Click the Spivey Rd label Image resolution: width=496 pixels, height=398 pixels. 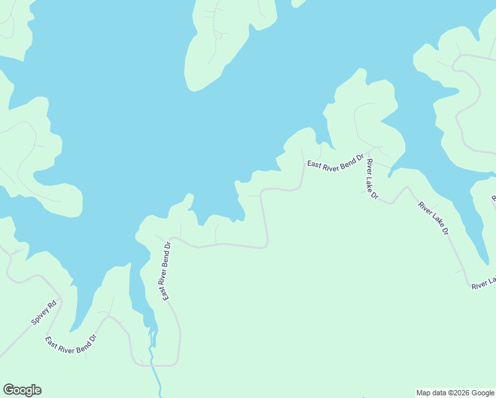(46, 313)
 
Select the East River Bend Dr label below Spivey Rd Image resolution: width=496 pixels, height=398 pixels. (71, 343)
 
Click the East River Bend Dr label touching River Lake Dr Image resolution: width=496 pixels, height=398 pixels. (335, 163)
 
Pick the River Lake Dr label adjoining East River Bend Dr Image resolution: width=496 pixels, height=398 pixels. (371, 180)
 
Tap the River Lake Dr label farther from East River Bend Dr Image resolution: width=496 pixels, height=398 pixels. (434, 219)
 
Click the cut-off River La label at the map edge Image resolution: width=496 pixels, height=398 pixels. (483, 283)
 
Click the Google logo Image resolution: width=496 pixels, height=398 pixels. (22, 390)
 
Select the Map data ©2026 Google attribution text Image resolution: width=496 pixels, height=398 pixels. (455, 393)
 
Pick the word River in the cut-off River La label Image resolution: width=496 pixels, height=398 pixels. (479, 285)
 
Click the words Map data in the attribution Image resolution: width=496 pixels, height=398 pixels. (430, 393)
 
